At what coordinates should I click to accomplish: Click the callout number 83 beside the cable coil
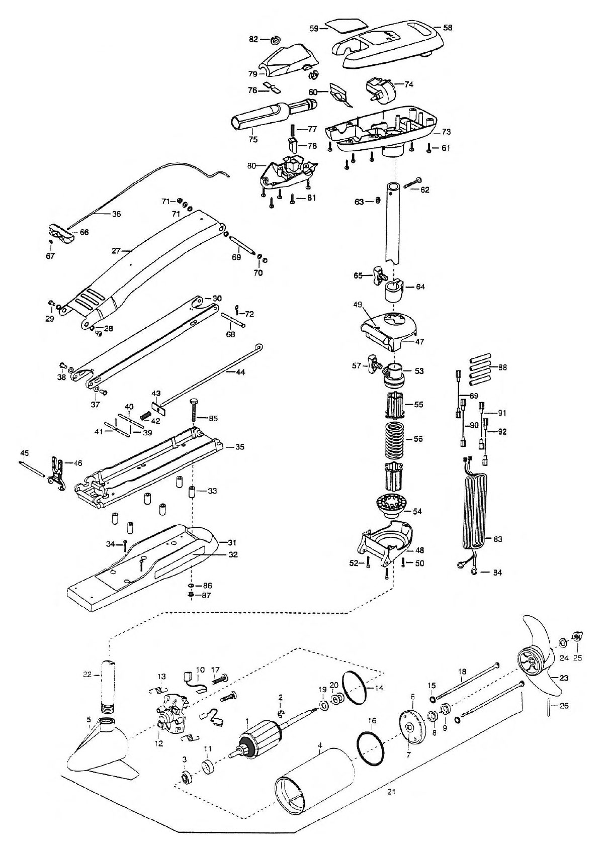pos(497,539)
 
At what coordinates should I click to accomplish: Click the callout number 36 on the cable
pos(116,214)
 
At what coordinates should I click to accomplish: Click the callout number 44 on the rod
pos(240,372)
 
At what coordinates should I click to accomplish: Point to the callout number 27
pos(116,251)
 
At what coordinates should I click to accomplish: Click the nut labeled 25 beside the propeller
pos(576,636)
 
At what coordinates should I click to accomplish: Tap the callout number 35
pos(239,447)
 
